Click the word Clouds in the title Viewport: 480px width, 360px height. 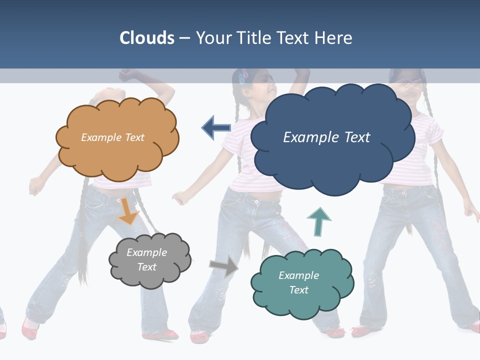coord(147,38)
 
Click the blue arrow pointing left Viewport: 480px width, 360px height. coord(216,127)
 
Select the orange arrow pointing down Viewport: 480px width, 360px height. coord(128,212)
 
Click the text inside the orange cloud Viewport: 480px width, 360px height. coord(112,137)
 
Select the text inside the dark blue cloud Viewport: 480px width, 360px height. coord(326,137)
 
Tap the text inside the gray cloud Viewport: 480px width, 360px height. coord(146,259)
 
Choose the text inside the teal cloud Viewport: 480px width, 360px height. coord(298,282)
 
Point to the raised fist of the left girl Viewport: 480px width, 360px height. coord(127,75)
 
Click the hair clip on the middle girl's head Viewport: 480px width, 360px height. coord(244,75)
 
